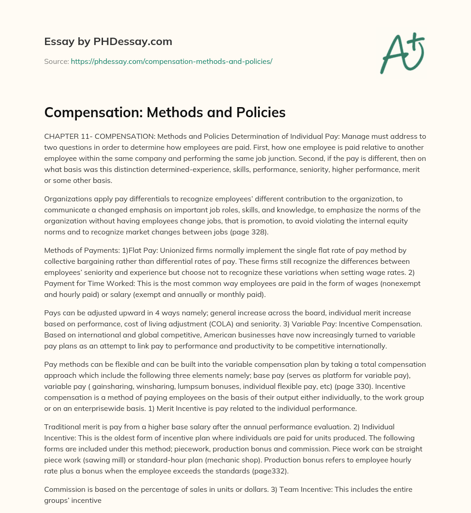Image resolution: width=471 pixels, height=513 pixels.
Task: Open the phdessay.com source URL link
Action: coord(172,61)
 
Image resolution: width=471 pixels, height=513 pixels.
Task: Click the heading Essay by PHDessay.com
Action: coord(108,41)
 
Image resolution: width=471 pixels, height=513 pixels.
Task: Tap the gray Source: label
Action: coord(56,61)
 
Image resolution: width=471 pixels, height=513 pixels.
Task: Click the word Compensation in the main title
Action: coord(87,113)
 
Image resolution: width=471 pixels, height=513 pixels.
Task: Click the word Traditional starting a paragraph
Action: coord(63,427)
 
